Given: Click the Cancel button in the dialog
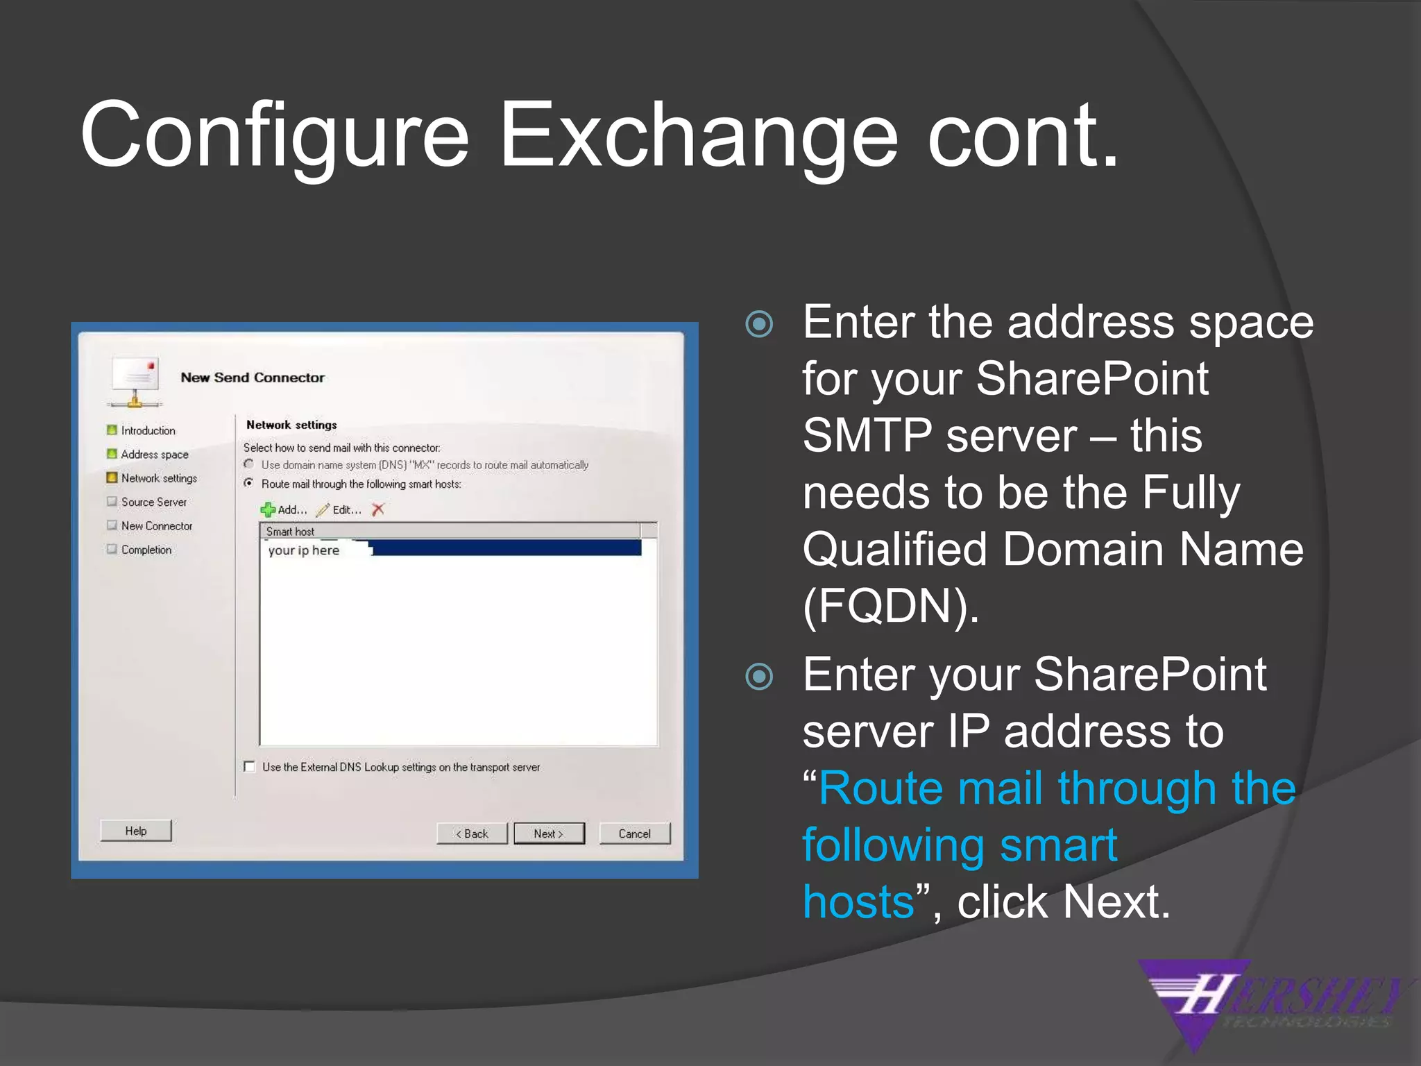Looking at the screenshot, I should coord(634,834).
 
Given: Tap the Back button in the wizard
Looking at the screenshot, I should coord(472,834).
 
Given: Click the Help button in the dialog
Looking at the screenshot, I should coord(136,831).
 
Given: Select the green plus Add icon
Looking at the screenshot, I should coord(268,510).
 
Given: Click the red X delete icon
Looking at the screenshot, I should coord(378,509).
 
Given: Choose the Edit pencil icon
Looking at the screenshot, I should coord(323,510).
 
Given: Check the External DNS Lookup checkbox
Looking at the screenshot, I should coord(250,767).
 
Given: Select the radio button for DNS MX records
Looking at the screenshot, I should coord(249,464).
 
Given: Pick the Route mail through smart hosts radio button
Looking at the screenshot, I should coord(249,483).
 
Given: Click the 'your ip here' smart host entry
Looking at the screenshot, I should coord(304,550).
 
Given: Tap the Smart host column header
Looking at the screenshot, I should coord(291,532).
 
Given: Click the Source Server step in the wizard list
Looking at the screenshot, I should coord(153,502).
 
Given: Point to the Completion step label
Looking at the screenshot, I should coord(146,550).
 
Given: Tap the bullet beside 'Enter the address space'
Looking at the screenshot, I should coord(759,324).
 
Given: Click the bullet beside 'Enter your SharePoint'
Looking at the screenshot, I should coord(759,676).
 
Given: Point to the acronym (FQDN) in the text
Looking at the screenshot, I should coord(890,606).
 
